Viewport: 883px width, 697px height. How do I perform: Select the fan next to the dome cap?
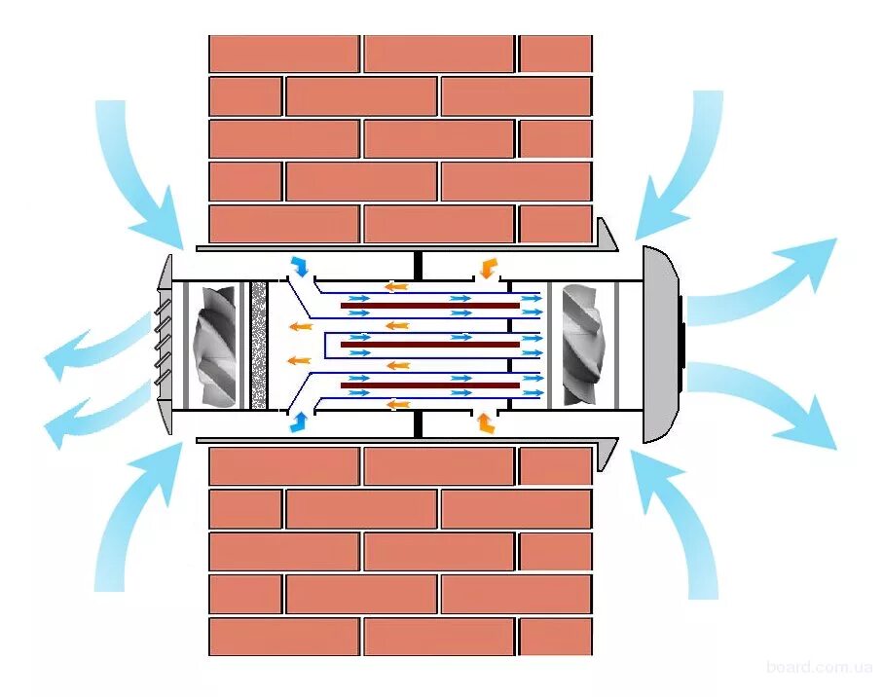582,346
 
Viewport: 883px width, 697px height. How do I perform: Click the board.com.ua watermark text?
820,667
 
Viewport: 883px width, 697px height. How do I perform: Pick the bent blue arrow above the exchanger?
300,266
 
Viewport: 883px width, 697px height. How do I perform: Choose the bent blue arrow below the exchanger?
299,422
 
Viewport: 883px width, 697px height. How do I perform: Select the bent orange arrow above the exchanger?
487,267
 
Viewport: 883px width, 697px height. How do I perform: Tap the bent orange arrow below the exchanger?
484,422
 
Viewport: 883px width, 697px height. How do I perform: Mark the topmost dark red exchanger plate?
429,306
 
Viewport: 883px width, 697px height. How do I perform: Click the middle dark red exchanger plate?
429,345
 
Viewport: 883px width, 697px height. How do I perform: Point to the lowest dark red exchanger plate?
429,385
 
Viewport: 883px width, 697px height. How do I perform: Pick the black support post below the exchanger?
417,423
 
